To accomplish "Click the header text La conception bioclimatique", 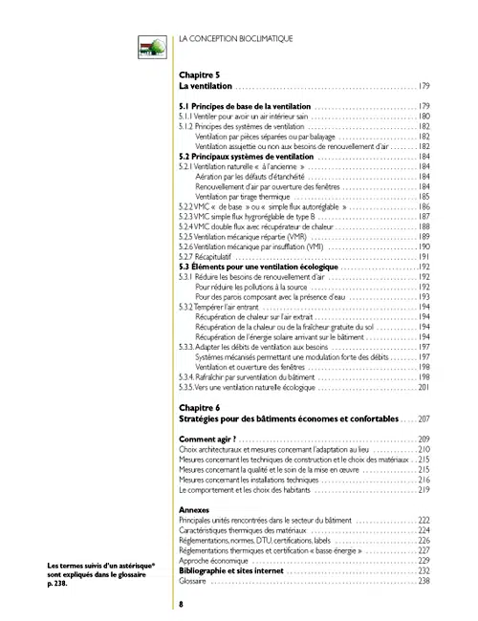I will point(235,38).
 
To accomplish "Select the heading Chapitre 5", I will point(200,74).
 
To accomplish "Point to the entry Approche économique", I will point(214,561).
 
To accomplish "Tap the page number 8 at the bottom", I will point(182,604).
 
